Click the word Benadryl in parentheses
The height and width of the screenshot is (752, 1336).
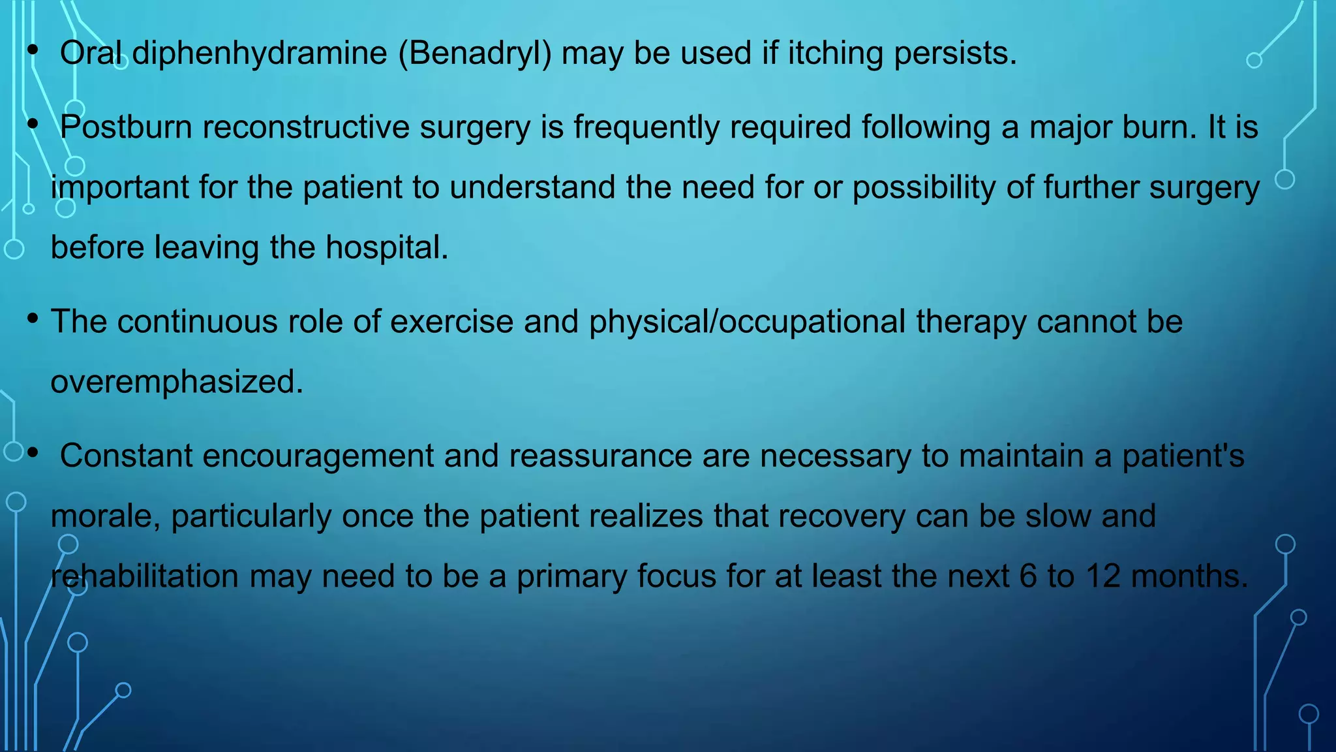[x=475, y=54]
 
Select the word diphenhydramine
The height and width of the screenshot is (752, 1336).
[x=260, y=54]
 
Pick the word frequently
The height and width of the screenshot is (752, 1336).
[x=646, y=127]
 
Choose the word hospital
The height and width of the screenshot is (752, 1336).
[x=386, y=248]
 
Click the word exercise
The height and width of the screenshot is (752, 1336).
[x=451, y=322]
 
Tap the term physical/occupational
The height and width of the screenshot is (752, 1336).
[x=747, y=322]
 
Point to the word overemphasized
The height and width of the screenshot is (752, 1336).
[x=177, y=382]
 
